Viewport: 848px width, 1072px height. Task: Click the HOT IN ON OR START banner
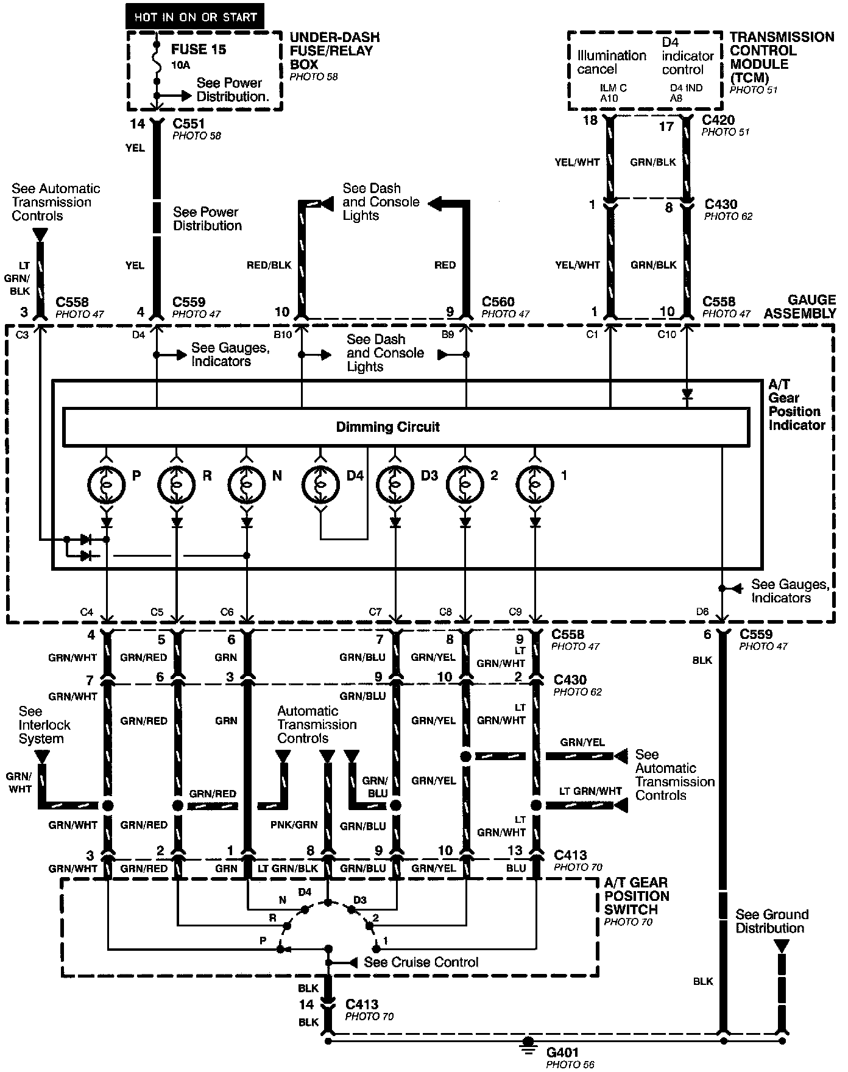click(195, 17)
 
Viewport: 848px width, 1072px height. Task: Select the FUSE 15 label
click(199, 49)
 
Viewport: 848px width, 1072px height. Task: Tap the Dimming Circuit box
click(406, 427)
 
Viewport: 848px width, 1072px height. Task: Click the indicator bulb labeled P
click(107, 484)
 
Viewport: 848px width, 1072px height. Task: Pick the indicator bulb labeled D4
click(320, 484)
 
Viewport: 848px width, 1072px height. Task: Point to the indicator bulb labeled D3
click(395, 484)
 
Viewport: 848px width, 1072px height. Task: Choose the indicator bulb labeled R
click(177, 484)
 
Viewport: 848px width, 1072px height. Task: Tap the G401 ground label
click(562, 1052)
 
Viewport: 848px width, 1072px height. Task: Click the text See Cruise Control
click(421, 962)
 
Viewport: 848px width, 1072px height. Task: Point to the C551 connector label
click(189, 124)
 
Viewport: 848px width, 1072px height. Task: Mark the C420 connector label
click(718, 120)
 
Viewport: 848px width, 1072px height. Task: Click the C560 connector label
click(498, 302)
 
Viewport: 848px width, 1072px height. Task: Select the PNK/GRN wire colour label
click(294, 825)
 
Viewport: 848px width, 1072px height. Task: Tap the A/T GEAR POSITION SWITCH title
click(636, 896)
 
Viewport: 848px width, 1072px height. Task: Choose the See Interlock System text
click(44, 725)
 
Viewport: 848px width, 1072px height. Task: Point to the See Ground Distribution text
click(771, 921)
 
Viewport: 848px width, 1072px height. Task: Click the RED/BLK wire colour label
click(269, 265)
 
